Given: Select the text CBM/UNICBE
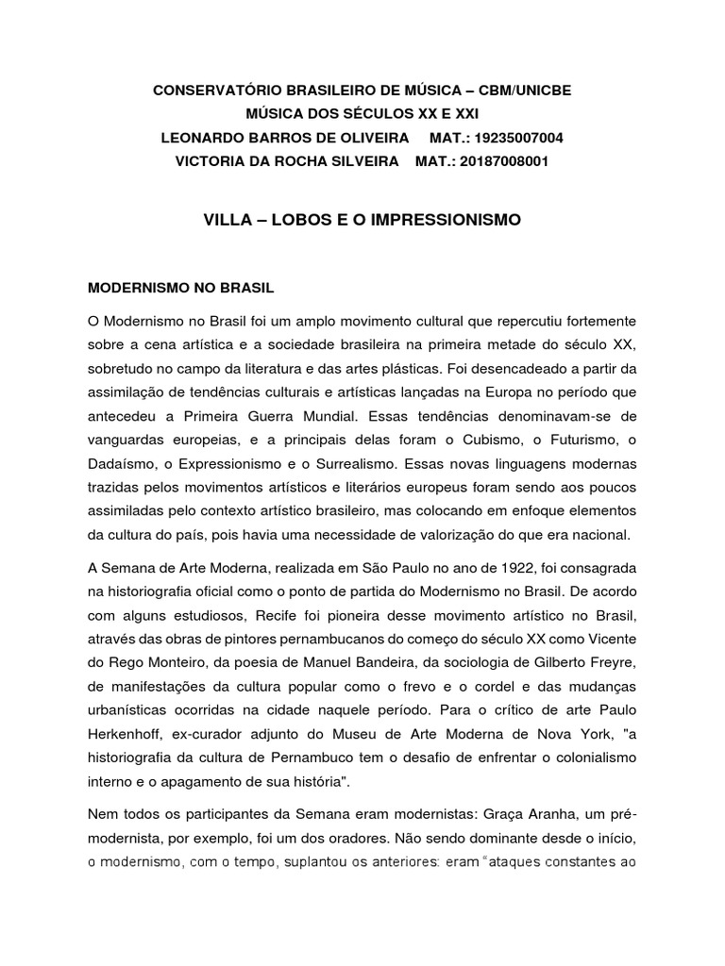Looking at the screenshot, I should coord(524,90).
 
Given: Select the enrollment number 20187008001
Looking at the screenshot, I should coord(504,161).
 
